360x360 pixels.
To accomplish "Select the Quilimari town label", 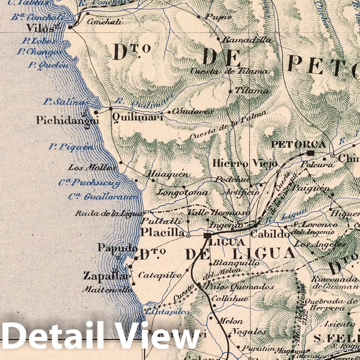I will [x=137, y=118].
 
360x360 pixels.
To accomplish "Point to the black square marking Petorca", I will [x=311, y=153].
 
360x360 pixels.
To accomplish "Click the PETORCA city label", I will [x=298, y=144].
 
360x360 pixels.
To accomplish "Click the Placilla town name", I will [x=162, y=232].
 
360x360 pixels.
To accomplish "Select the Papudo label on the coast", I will [x=117, y=248].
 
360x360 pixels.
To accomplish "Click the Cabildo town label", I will [x=270, y=234].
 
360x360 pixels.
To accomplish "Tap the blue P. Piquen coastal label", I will [x=71, y=147].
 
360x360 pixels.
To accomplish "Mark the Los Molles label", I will [x=92, y=168].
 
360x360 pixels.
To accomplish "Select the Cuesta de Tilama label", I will [x=229, y=71].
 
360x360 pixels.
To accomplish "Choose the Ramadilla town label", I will [x=246, y=40].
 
